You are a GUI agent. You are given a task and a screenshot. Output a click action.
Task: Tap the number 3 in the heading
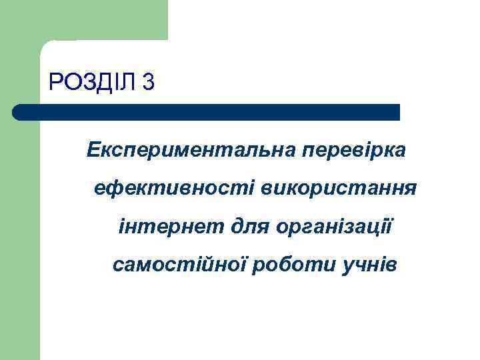148,82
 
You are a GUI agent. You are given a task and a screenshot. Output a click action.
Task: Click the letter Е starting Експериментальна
93,151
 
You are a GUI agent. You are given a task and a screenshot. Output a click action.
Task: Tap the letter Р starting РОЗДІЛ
55,82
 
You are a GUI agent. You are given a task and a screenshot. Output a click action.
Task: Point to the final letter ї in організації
391,227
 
